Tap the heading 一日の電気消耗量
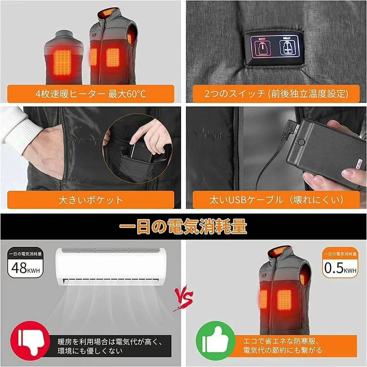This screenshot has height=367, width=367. pos(183,227)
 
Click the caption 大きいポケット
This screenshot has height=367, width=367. pos(91,200)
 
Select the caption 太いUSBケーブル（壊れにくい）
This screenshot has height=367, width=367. pos(271,200)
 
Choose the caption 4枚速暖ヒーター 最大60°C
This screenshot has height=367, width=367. pos(91,93)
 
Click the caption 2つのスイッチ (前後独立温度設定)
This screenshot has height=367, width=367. pos(271,93)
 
